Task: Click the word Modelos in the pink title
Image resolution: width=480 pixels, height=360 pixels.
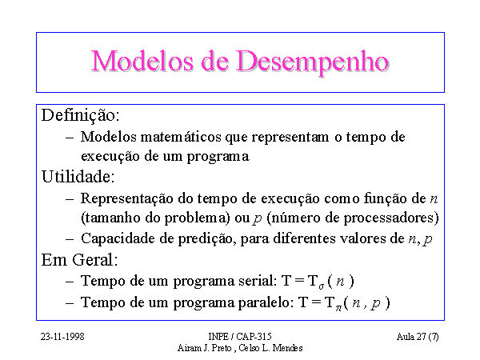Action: (x=142, y=61)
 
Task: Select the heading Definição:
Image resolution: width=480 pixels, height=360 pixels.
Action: (x=80, y=116)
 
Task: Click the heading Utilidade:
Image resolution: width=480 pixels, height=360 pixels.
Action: (x=78, y=177)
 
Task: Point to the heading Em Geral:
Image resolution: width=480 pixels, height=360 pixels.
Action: (x=79, y=260)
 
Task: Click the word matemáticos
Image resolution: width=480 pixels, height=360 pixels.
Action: (x=181, y=137)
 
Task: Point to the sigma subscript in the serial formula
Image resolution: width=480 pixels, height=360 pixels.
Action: (x=321, y=287)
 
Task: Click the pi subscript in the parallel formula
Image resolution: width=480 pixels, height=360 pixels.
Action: (x=338, y=308)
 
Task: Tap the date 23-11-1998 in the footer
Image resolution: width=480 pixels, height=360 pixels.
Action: (x=62, y=337)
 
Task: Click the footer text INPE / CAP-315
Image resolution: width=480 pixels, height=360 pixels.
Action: (x=240, y=337)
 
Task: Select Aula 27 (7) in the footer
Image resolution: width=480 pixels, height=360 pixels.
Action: (x=418, y=337)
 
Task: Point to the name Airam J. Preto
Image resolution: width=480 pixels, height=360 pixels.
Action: (x=204, y=348)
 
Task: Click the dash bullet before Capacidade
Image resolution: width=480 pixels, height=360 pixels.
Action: (x=70, y=239)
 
